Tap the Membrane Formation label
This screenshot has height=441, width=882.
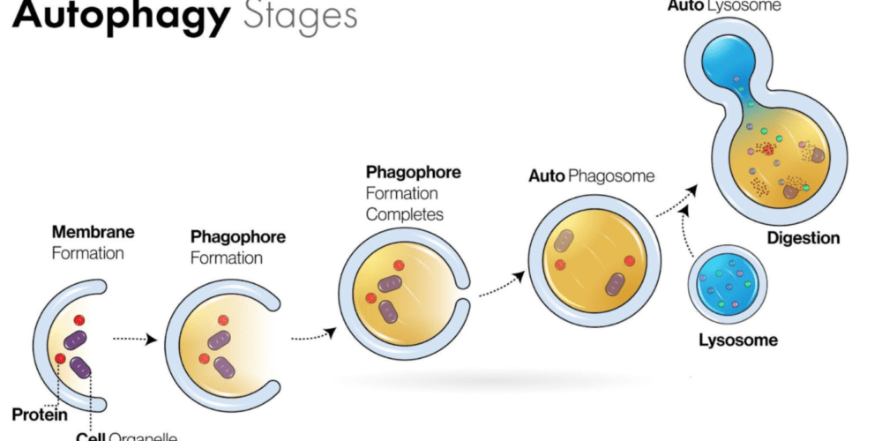pos(93,243)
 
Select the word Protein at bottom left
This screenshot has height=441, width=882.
pos(40,414)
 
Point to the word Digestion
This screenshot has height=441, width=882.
pos(803,238)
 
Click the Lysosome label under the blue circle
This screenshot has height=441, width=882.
pos(738,340)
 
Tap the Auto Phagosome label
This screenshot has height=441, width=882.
pos(592,176)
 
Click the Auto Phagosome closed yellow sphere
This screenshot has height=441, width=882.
pos(594,260)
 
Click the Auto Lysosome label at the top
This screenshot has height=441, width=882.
pos(737,5)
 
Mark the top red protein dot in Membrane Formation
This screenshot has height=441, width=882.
pos(78,320)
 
